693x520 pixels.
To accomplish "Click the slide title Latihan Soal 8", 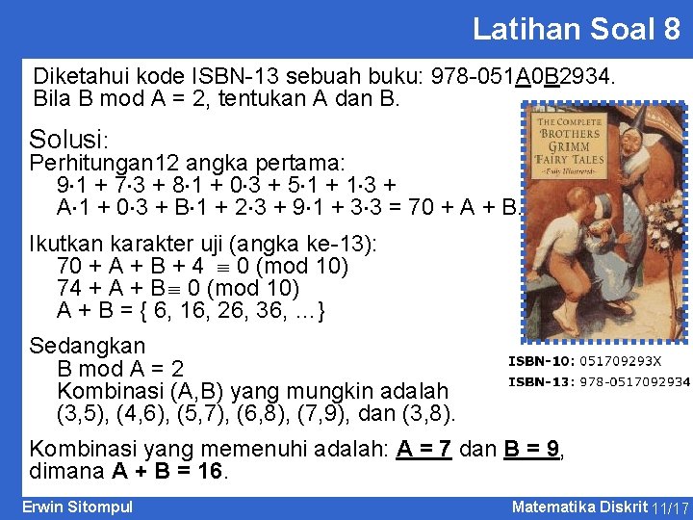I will tap(576, 29).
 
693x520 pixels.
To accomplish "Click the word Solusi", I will tap(69, 139).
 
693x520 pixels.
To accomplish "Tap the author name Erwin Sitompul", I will tap(77, 507).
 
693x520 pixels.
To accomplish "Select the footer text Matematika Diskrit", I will tap(579, 507).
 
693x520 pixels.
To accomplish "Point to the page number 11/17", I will tap(670, 507).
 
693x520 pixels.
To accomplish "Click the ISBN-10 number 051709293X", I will tap(619, 361).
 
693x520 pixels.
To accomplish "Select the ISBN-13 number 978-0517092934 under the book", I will tap(633, 381).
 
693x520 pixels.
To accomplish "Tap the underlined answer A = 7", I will tap(423, 449).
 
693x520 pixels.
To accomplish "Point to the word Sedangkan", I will tap(88, 346).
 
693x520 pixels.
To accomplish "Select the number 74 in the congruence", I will tap(69, 288).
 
